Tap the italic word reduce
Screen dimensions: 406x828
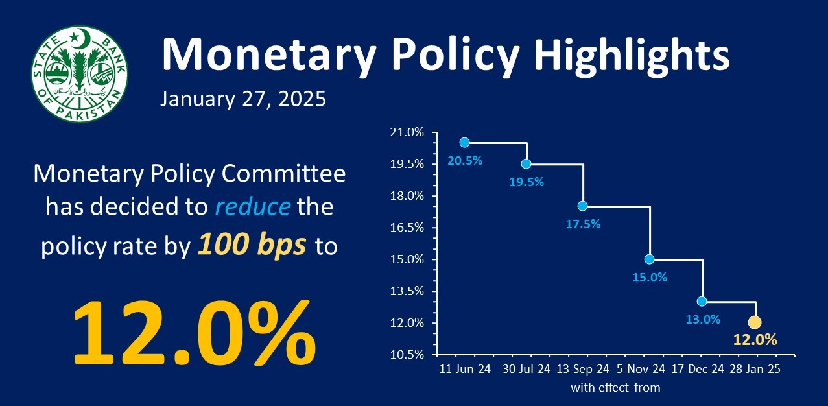click(x=252, y=208)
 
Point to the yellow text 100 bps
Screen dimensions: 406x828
click(x=252, y=247)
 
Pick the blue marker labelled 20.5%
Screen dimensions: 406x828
click(x=464, y=143)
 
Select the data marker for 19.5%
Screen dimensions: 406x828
click(x=526, y=163)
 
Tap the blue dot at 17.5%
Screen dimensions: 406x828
click(x=582, y=206)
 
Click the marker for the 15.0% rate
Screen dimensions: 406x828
click(x=650, y=259)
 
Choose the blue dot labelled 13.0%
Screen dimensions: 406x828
click(x=702, y=302)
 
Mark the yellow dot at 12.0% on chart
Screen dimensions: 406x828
click(x=755, y=322)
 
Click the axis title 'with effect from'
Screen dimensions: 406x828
click(x=615, y=388)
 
